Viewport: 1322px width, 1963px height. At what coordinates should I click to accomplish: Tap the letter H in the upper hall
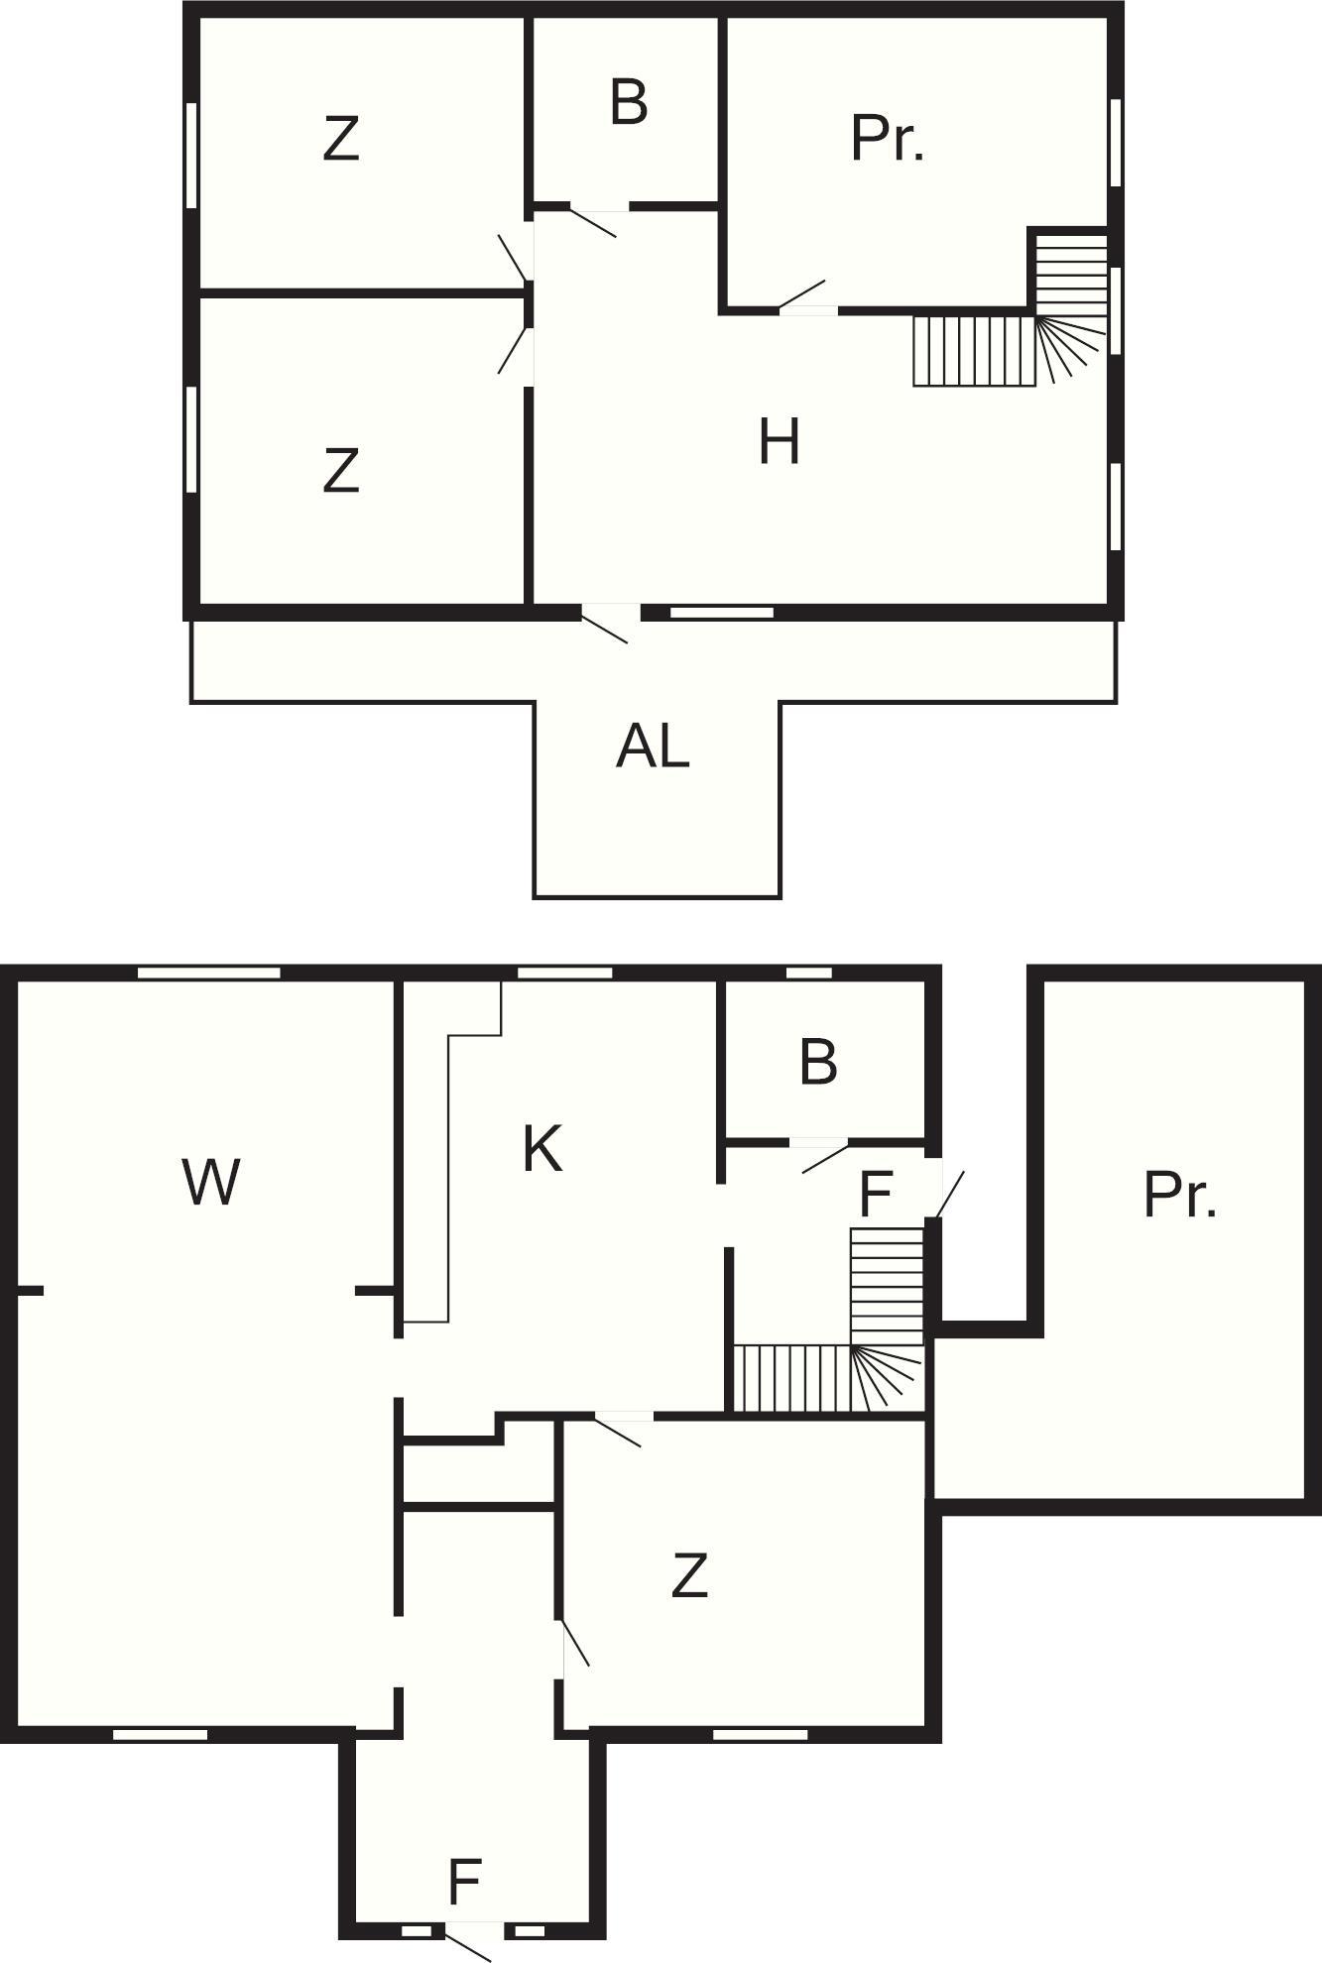point(779,441)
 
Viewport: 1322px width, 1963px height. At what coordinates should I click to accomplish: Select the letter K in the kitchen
point(542,1149)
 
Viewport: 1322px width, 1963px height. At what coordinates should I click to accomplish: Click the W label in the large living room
point(211,1182)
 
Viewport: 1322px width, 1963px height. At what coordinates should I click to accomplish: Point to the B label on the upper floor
point(629,101)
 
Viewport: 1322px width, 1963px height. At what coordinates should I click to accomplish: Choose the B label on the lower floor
point(818,1062)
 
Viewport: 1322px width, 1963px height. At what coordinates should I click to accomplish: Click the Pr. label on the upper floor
point(888,139)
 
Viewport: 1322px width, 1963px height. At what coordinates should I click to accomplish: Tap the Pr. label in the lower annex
point(1179,1195)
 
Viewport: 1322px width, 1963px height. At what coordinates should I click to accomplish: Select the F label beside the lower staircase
point(877,1194)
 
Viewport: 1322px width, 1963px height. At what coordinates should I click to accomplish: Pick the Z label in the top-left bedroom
point(340,139)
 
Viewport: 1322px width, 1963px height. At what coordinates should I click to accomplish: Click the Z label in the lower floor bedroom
point(689,1575)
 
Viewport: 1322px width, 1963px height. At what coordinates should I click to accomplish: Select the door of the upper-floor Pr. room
point(802,295)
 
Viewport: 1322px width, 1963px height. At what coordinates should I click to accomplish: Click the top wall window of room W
point(208,973)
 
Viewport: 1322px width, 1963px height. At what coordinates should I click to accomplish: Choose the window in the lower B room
point(809,973)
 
